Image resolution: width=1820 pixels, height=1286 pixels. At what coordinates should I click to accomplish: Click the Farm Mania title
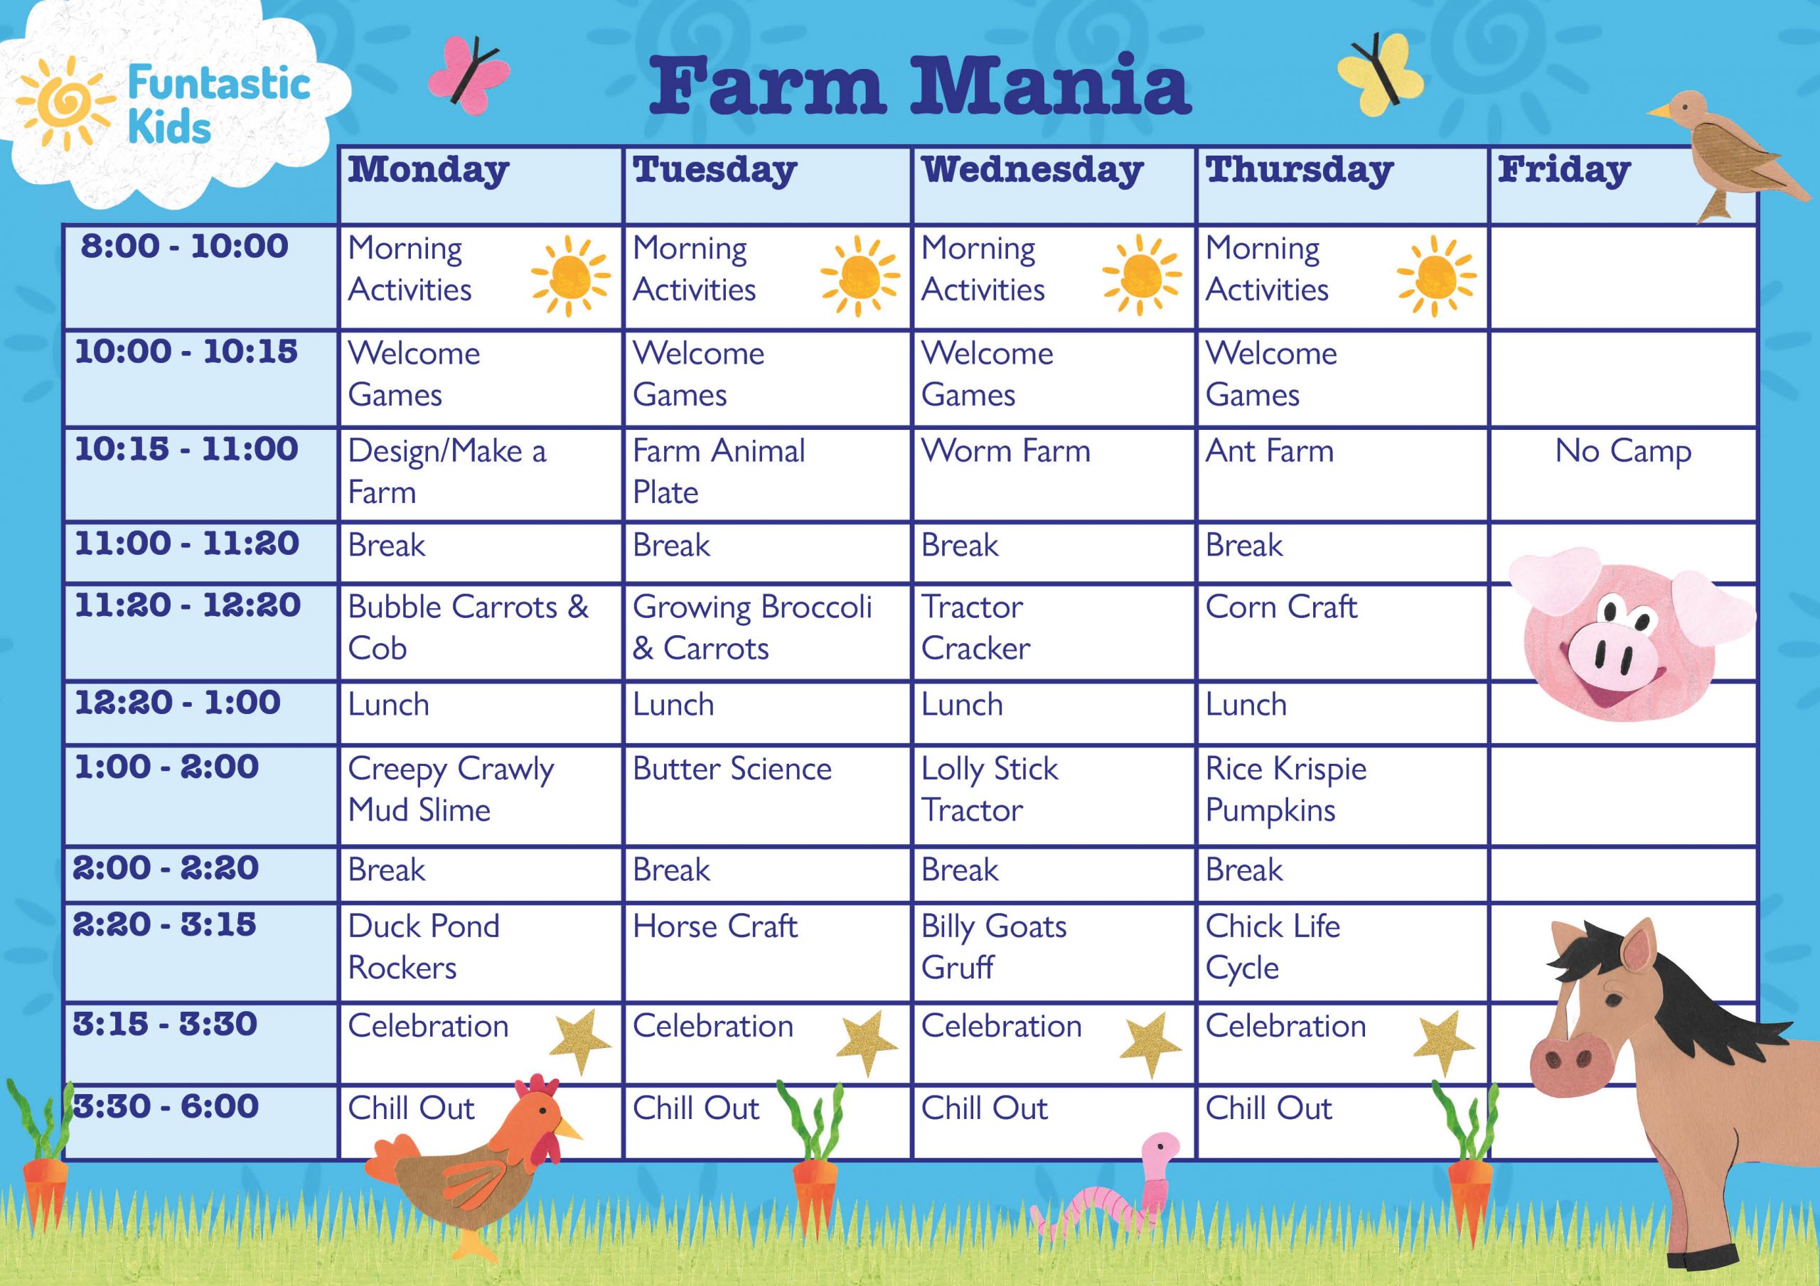[919, 85]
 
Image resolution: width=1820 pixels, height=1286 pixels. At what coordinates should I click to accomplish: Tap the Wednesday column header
[1032, 171]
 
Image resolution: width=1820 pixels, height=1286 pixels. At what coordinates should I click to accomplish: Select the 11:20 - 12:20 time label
[187, 606]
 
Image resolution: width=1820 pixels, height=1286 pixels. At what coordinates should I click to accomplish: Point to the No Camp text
[1622, 452]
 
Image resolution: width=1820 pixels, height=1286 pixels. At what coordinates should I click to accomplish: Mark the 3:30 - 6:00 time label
[166, 1107]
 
